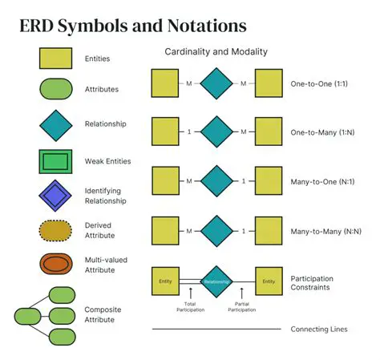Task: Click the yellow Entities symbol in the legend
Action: pyautogui.click(x=56, y=59)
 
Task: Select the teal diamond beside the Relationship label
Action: pyautogui.click(x=56, y=125)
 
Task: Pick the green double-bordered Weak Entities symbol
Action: pyautogui.click(x=56, y=160)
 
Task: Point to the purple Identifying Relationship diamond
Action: pyautogui.click(x=56, y=195)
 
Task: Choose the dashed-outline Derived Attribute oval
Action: pyautogui.click(x=56, y=230)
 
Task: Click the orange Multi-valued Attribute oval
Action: pyautogui.click(x=56, y=264)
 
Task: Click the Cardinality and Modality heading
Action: pyautogui.click(x=216, y=52)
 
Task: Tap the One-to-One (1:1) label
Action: pyautogui.click(x=318, y=83)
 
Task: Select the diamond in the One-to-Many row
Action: pyautogui.click(x=216, y=131)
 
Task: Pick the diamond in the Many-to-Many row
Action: pyautogui.click(x=216, y=231)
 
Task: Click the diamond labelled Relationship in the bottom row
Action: pyautogui.click(x=216, y=281)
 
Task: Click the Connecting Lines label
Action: pyautogui.click(x=319, y=329)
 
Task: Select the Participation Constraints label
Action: pyautogui.click(x=313, y=282)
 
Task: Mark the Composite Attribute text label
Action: pyautogui.click(x=99, y=314)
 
